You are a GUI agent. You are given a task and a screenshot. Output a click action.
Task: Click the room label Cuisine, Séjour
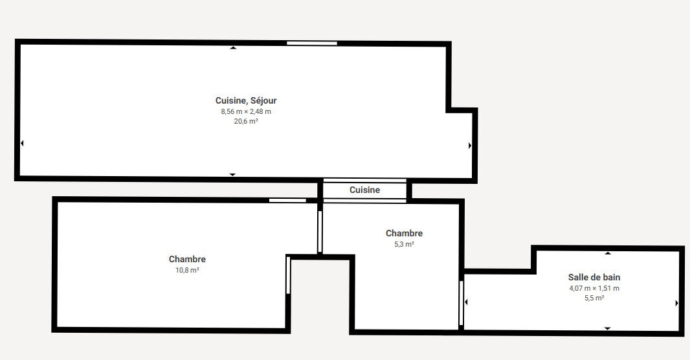246,101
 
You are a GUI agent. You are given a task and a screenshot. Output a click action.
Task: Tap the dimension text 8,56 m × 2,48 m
246,112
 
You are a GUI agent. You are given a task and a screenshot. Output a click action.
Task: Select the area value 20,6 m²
246,122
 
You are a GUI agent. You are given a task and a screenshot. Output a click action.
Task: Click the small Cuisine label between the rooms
365,190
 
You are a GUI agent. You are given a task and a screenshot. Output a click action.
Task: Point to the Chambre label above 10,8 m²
188,259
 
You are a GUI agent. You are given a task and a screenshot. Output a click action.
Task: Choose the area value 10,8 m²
188,270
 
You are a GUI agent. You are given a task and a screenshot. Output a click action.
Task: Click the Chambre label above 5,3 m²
405,233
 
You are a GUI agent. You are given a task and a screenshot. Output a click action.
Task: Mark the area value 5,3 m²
405,244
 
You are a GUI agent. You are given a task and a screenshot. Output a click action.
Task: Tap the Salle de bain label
594,277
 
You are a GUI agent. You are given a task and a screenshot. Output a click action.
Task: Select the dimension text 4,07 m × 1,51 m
594,289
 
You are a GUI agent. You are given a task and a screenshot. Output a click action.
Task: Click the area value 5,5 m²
594,298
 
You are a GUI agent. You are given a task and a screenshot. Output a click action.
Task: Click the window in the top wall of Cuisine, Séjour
312,43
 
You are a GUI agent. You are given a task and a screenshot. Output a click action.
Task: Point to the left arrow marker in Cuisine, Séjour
22,143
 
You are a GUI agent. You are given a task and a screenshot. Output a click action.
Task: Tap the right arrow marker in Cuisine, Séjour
470,145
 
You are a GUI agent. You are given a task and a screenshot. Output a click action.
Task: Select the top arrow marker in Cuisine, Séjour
233,47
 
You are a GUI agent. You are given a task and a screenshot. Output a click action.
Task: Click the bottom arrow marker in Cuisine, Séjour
232,175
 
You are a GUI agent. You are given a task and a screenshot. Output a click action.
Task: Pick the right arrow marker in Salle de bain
677,303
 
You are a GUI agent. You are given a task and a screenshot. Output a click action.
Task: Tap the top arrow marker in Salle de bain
608,253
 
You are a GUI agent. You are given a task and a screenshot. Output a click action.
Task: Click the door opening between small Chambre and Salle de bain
461,303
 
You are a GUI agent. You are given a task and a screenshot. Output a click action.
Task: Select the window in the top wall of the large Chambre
288,200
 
